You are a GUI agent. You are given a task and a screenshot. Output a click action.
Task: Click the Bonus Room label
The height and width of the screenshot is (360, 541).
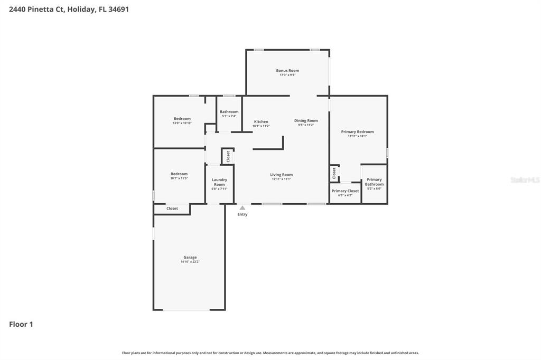[x=287, y=70]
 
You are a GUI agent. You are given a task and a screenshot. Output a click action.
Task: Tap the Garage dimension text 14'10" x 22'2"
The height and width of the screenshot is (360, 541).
[x=190, y=262]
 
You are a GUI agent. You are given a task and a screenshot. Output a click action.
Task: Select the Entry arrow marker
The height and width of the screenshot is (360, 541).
[x=242, y=208]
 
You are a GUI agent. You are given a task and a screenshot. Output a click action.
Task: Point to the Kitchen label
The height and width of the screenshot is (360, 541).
[x=261, y=121]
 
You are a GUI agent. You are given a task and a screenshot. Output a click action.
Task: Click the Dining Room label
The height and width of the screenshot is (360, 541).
[x=306, y=120]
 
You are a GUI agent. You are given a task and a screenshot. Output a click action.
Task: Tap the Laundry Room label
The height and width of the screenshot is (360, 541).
[x=219, y=182]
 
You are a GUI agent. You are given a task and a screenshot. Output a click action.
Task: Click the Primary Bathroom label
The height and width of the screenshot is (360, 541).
[x=374, y=182]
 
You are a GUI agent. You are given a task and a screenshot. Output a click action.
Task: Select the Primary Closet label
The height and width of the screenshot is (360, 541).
[x=346, y=191]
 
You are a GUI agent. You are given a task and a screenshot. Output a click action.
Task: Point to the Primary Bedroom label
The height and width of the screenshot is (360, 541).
[x=357, y=131]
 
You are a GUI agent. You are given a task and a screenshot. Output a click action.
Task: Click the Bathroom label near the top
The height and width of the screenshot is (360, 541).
[x=229, y=111]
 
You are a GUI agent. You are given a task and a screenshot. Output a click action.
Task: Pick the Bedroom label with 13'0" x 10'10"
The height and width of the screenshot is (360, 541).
[x=182, y=119]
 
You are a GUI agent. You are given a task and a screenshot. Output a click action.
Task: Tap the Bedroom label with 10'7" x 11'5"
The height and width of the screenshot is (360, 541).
[x=179, y=174]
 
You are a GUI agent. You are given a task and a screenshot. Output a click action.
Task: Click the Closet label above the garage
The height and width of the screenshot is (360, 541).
[x=172, y=209]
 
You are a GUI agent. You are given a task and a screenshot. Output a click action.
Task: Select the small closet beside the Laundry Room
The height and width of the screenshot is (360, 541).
[x=228, y=156]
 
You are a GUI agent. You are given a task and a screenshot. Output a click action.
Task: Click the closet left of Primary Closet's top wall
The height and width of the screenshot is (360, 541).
[x=334, y=173]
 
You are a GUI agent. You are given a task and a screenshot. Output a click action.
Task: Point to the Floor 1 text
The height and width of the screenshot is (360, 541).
[x=21, y=324]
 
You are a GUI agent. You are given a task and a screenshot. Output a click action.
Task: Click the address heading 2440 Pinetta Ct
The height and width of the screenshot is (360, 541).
[x=69, y=9]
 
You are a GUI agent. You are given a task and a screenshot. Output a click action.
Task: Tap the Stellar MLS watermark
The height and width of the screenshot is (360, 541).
[x=525, y=180]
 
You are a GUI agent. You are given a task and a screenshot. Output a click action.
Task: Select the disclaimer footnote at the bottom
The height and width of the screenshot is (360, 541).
[x=270, y=353]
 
